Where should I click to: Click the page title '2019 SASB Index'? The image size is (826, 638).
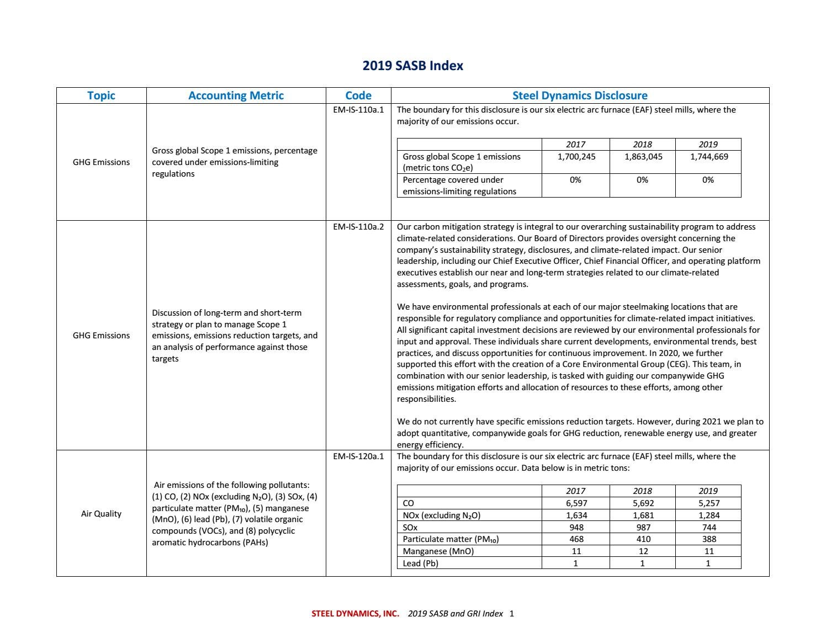(412, 66)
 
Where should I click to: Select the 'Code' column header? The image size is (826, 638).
(358, 95)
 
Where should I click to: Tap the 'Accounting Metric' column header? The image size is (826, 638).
(236, 95)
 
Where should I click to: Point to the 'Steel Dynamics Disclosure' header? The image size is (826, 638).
(580, 95)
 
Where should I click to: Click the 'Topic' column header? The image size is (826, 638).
(101, 95)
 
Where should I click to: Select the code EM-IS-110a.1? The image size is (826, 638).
(358, 110)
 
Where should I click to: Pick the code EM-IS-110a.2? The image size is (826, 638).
(358, 227)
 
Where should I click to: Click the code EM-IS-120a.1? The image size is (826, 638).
(358, 456)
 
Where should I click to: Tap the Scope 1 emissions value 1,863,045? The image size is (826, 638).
(643, 157)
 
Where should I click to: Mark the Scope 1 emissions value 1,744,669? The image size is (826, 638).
(708, 157)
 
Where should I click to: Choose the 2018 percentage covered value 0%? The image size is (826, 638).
(642, 180)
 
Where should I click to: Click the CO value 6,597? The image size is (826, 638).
(576, 503)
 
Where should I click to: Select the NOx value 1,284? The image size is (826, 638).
(708, 515)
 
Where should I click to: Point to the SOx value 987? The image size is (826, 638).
(643, 528)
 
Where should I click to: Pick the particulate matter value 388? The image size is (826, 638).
(708, 539)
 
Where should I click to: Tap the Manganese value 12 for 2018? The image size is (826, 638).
(643, 551)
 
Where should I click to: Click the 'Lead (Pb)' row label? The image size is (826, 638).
(420, 563)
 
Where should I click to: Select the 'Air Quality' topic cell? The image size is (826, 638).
(101, 514)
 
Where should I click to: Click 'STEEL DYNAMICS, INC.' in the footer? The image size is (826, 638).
(355, 614)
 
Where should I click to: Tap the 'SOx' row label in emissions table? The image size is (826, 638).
(410, 528)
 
